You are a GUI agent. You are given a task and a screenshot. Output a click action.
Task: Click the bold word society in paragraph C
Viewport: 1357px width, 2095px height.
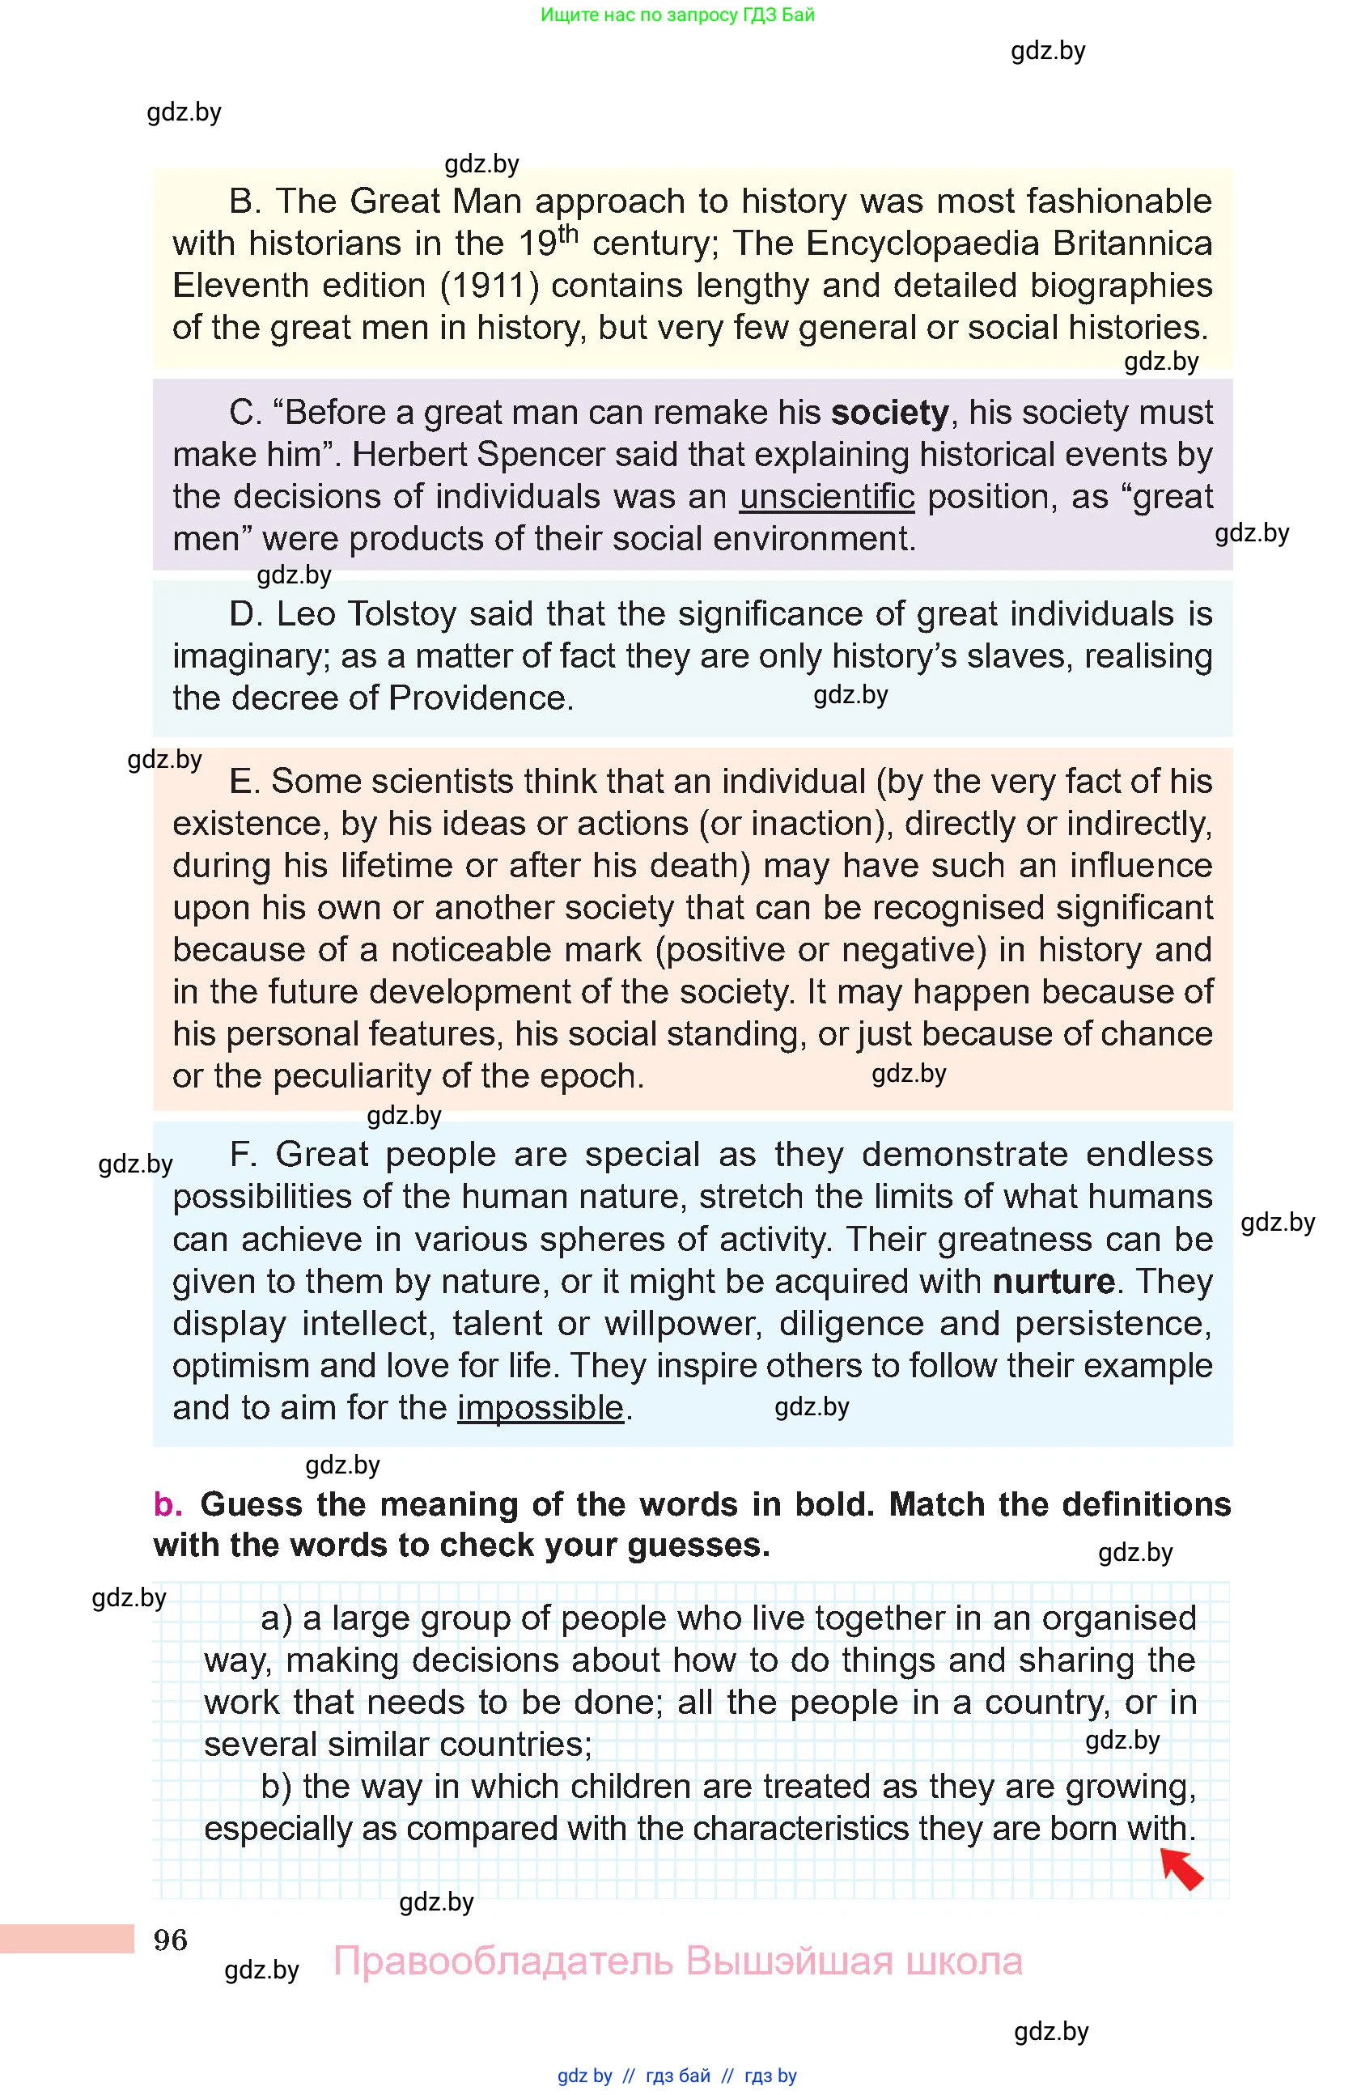[x=890, y=413]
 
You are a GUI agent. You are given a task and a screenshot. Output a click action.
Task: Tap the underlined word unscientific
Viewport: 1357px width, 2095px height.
[x=826, y=498]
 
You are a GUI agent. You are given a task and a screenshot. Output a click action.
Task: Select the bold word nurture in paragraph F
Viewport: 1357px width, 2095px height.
[x=1054, y=1282]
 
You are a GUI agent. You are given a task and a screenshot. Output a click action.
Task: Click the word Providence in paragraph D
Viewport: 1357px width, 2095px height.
[x=481, y=699]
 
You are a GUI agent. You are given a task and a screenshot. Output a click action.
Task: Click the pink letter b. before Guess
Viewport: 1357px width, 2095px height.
[x=168, y=1504]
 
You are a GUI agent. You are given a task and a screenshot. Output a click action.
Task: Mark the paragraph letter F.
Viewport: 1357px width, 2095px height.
[x=242, y=1155]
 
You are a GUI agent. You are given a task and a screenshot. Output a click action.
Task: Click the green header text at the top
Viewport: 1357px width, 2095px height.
[x=676, y=15]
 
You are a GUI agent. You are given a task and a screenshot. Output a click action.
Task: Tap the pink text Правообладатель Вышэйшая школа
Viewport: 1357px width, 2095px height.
[x=676, y=1961]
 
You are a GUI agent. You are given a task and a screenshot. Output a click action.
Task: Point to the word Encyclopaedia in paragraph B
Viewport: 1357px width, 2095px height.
[x=922, y=244]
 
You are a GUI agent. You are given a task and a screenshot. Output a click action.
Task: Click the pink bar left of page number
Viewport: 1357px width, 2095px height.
[x=66, y=1939]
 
